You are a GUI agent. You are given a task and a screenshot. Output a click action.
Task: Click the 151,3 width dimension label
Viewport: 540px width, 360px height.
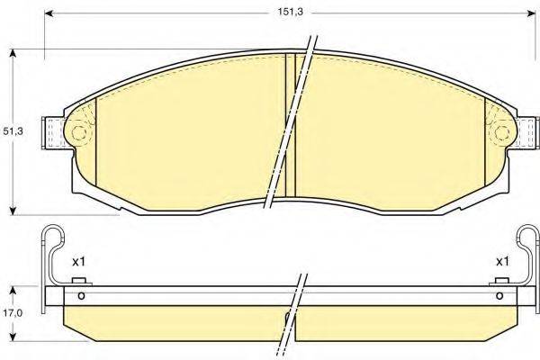pos(291,12)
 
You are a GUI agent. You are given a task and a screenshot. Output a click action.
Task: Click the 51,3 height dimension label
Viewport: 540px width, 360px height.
pos(13,130)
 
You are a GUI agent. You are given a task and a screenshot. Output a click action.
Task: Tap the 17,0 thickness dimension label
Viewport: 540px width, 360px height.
pos(13,313)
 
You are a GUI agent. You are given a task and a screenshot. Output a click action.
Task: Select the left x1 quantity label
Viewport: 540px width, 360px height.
pos(78,262)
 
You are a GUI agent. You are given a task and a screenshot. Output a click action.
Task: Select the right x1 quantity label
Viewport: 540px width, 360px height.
pos(502,262)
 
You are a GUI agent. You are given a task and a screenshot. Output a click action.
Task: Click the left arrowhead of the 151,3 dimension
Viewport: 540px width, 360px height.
pos(49,13)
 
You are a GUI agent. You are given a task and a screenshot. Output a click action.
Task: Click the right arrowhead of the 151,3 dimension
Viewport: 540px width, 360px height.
pos(531,13)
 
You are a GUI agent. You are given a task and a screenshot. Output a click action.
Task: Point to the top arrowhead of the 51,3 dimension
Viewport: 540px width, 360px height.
pos(13,53)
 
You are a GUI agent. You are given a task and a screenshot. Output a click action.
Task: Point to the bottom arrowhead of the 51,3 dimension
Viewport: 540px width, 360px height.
pos(13,211)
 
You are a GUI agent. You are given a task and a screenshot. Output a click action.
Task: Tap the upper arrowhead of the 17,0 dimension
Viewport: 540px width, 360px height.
pos(13,291)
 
